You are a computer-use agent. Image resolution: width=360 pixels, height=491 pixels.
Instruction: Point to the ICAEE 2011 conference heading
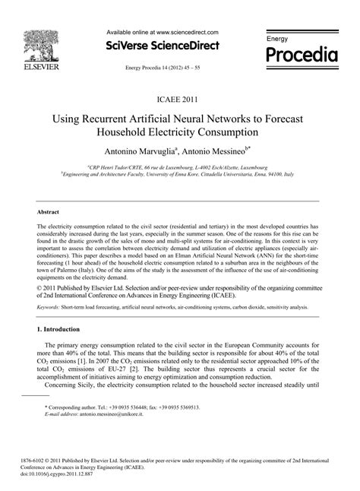[180, 99]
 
